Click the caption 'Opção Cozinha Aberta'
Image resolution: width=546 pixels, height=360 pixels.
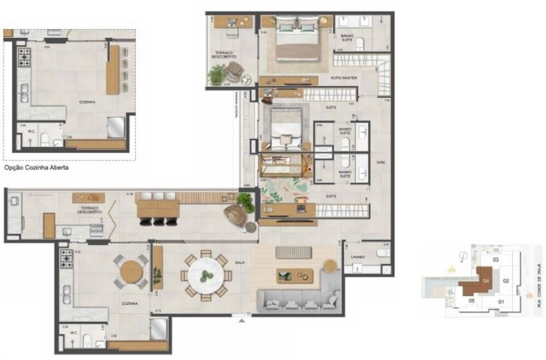tap(36, 168)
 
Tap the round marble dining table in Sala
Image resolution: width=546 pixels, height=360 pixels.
tap(206, 275)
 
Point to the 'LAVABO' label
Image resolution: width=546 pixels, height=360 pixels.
tap(358, 257)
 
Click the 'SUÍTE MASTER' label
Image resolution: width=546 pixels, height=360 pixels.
tap(344, 78)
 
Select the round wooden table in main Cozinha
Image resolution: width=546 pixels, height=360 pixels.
tap(131, 272)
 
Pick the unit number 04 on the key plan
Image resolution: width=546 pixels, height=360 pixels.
tap(486, 281)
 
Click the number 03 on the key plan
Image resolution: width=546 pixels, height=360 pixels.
tap(496, 259)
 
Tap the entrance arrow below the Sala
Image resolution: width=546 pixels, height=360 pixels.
tap(239, 322)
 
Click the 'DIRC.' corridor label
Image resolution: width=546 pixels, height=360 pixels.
tap(382, 163)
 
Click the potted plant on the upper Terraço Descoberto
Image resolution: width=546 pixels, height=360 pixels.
tap(217, 74)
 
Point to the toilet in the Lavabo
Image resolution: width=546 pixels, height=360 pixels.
tap(384, 253)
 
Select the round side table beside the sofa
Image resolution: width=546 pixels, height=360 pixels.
tap(331, 266)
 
